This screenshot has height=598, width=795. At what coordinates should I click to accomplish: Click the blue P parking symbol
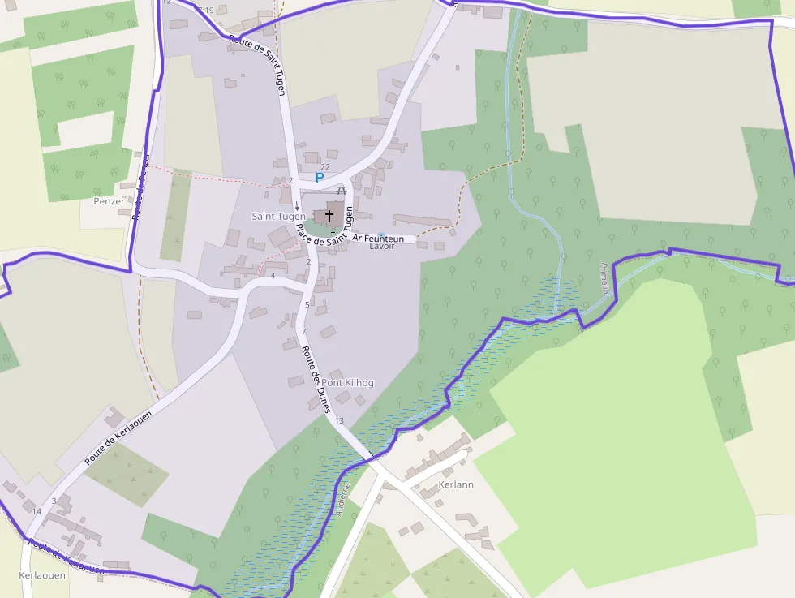tap(320, 177)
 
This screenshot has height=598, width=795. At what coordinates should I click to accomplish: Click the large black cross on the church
tap(329, 215)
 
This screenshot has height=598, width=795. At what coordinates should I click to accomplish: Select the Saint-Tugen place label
tap(278, 217)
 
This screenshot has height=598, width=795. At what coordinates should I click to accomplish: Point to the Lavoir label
tap(382, 246)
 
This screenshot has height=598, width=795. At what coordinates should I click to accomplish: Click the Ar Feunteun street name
tap(377, 239)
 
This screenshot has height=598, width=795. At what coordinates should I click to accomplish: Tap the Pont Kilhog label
tap(348, 382)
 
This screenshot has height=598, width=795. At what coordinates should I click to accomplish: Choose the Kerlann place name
tap(455, 484)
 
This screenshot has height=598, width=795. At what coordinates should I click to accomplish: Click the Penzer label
tap(110, 201)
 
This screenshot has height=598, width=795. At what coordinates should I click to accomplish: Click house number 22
tap(325, 166)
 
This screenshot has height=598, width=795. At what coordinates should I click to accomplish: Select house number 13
tap(339, 420)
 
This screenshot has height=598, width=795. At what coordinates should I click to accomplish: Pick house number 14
tap(37, 511)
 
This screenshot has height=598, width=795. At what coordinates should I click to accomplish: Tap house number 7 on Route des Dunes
tap(303, 332)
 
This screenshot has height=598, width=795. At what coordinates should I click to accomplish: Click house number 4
tap(273, 276)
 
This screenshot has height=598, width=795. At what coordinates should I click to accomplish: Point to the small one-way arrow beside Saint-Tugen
tap(297, 206)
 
